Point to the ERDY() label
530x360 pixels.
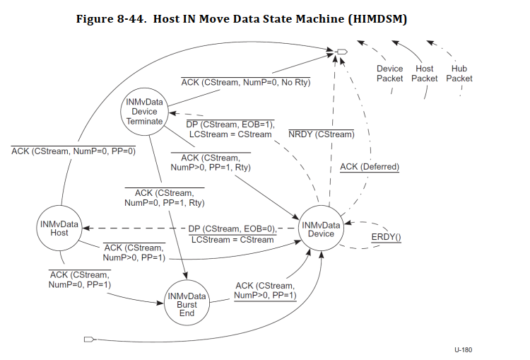(386, 237)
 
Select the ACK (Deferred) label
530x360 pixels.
(370, 167)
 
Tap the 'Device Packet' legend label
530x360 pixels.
(389, 74)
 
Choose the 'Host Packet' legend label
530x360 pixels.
(425, 74)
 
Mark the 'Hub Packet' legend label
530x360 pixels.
(459, 74)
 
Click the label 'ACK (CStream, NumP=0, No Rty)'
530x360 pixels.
(246, 83)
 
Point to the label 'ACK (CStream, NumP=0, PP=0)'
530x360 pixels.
(73, 150)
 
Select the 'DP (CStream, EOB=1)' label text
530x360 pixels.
(230, 124)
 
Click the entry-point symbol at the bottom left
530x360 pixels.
(89, 339)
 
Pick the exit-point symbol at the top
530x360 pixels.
(342, 52)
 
